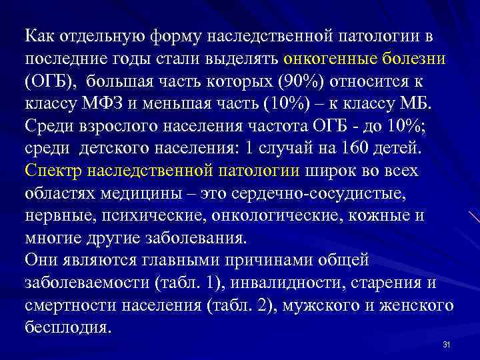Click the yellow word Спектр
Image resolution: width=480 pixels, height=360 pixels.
pyautogui.click(x=53, y=171)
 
